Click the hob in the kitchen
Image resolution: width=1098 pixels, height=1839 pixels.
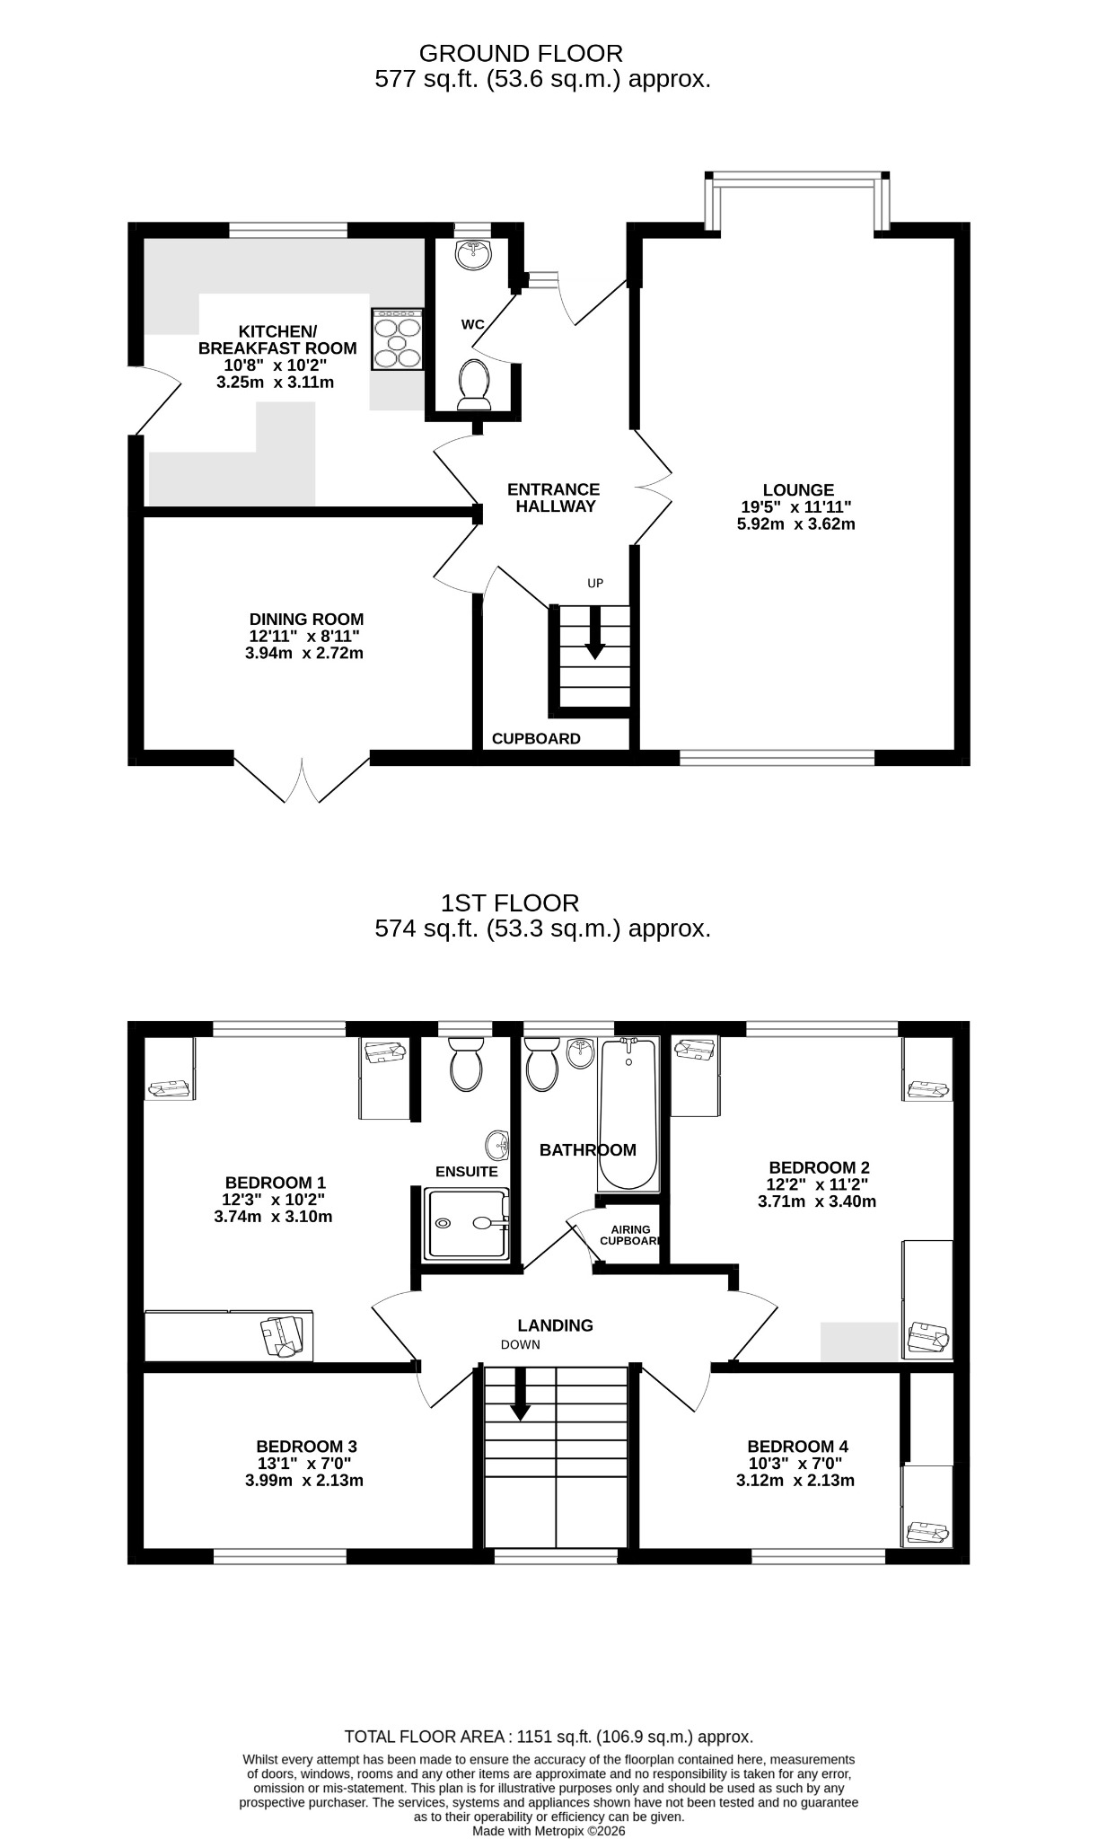[x=398, y=339]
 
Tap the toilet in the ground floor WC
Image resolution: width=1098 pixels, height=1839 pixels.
[x=474, y=384]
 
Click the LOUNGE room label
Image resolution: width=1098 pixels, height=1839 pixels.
[x=798, y=490]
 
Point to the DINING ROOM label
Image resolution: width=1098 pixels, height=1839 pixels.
[x=306, y=620]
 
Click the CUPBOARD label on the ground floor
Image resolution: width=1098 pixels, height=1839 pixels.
[x=536, y=739]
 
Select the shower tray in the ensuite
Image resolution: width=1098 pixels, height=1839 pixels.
[x=468, y=1222]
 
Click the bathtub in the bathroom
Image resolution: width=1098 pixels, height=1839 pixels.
[x=628, y=1113]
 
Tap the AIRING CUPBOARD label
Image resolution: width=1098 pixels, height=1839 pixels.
[x=631, y=1236]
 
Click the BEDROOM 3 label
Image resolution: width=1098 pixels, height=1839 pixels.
[x=306, y=1447]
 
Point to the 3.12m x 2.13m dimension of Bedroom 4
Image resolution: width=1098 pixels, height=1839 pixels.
[x=795, y=1481]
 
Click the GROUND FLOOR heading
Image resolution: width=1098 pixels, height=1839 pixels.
[x=521, y=54]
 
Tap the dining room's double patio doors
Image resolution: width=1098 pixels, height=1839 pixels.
[x=302, y=779]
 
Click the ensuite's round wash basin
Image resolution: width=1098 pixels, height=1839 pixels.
[x=498, y=1145]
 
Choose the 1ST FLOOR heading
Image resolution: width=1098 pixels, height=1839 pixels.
[x=510, y=902]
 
